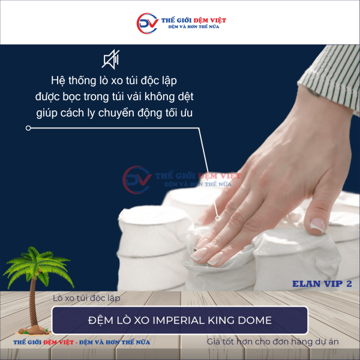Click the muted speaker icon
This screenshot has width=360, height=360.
pos(111,59)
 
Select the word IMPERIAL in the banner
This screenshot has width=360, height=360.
pos(175,320)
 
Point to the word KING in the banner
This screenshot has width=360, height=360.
pos(220,320)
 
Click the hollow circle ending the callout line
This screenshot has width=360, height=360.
pos(28,128)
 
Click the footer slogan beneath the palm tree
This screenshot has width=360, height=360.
pos(82,342)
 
